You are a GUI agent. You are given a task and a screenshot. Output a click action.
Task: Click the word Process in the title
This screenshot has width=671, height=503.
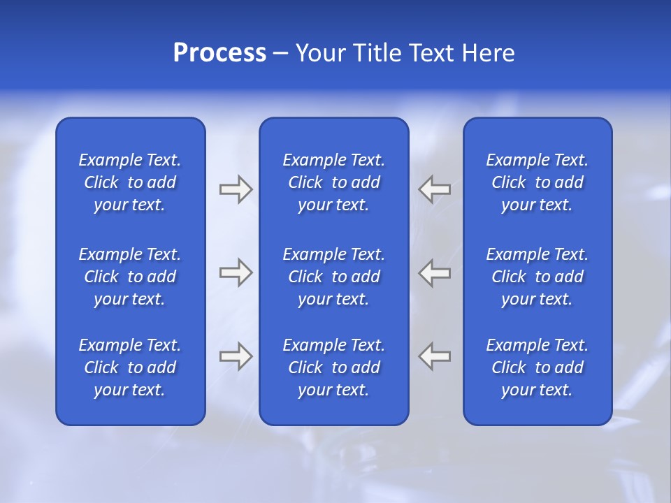click(x=219, y=53)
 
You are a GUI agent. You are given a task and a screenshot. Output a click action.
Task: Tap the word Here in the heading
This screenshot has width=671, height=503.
click(x=488, y=53)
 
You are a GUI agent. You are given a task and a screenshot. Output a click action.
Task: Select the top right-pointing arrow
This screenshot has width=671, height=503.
click(x=236, y=189)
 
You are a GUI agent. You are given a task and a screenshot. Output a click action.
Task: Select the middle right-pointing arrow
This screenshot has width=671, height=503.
click(x=236, y=272)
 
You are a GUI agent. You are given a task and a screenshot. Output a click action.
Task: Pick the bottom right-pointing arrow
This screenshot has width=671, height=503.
click(x=236, y=356)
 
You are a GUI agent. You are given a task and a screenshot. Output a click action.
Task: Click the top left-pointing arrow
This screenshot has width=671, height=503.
click(x=435, y=189)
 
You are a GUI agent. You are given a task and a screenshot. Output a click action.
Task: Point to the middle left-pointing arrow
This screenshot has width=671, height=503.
click(x=435, y=272)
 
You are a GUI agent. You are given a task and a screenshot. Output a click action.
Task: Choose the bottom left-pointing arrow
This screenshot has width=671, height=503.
click(x=435, y=356)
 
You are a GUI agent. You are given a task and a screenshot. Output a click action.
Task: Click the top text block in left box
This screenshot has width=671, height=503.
click(x=130, y=182)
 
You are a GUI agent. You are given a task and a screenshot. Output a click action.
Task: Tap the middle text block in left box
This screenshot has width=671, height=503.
click(x=130, y=277)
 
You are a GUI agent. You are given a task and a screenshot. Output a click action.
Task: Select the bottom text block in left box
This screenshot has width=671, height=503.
click(x=130, y=367)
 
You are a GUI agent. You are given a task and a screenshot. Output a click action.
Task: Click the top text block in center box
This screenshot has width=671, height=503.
click(x=334, y=182)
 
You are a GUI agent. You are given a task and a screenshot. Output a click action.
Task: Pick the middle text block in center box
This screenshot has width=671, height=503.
click(x=334, y=277)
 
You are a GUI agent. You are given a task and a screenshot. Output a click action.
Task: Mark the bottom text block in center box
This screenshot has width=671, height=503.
click(x=334, y=367)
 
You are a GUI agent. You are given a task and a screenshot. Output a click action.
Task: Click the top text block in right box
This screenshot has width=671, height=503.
click(x=537, y=182)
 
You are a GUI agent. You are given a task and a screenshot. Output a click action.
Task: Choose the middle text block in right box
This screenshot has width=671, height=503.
click(x=537, y=277)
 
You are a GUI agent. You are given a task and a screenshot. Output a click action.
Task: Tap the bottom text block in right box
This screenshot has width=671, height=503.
click(x=537, y=367)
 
